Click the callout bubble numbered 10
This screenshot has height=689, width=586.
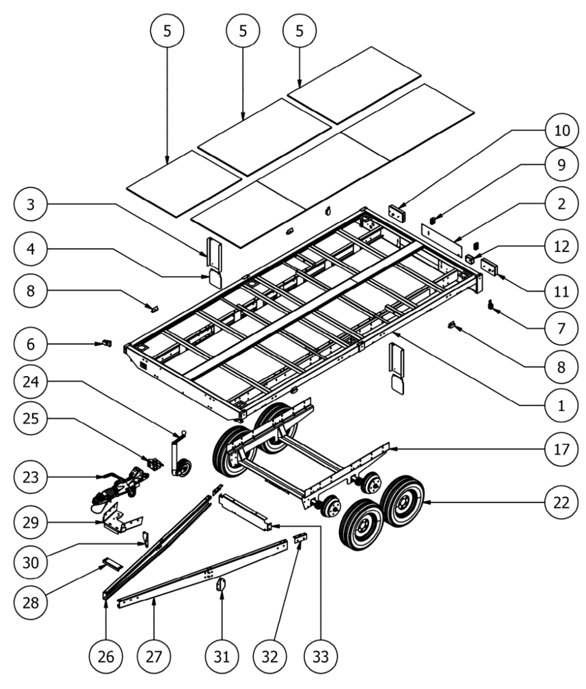(562, 130)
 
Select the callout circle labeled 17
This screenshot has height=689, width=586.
(562, 450)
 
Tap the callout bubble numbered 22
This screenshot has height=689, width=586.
(562, 502)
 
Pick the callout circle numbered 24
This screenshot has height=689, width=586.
(30, 382)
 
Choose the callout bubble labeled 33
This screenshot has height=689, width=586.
(321, 657)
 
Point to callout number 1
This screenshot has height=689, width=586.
(562, 406)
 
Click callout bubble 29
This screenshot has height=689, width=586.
(30, 522)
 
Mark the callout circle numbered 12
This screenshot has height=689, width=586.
(562, 247)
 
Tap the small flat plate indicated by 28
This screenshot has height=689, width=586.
(112, 564)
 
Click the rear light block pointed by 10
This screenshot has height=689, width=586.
(397, 214)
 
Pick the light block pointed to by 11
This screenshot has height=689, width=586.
(490, 268)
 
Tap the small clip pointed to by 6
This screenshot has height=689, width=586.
(107, 343)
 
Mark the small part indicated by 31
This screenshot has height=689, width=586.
(221, 585)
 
